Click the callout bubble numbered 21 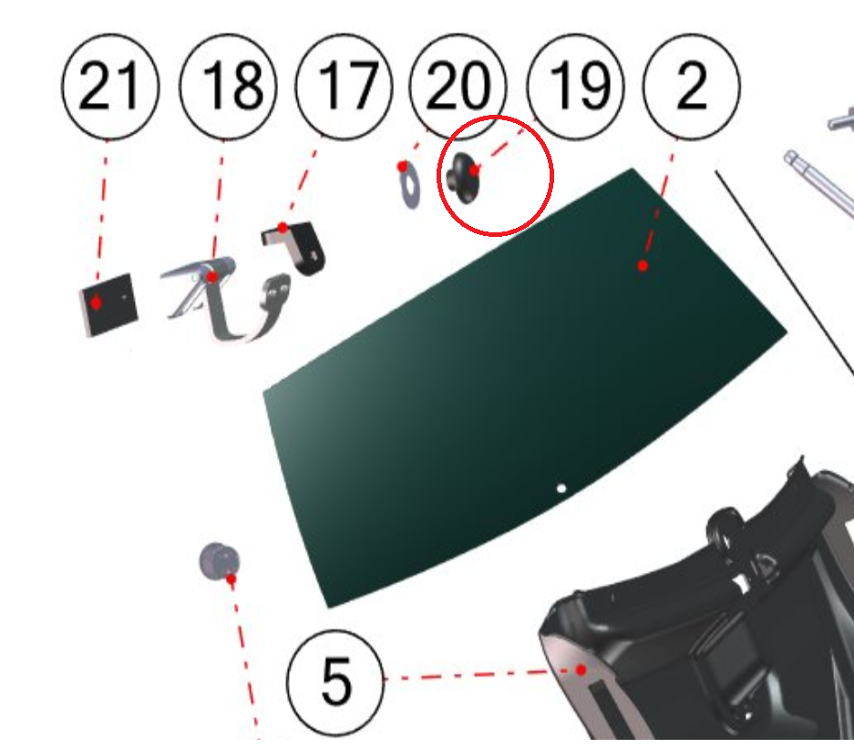click(x=110, y=86)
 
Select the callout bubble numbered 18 click(x=228, y=86)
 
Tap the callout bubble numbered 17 click(x=345, y=86)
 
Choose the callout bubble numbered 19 click(x=576, y=86)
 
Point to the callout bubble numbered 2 click(x=692, y=86)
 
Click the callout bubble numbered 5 click(x=335, y=682)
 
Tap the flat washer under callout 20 click(x=409, y=186)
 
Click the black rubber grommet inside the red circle click(x=463, y=178)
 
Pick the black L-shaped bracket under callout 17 click(x=295, y=246)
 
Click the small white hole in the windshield click(x=561, y=487)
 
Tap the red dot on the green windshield click(x=643, y=266)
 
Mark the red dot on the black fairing click(x=581, y=670)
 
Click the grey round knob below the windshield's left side click(x=219, y=560)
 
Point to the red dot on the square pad click(x=96, y=302)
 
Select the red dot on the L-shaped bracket click(x=283, y=227)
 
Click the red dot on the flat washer click(x=403, y=166)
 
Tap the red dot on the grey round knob click(x=231, y=579)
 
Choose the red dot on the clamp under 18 click(x=211, y=277)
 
